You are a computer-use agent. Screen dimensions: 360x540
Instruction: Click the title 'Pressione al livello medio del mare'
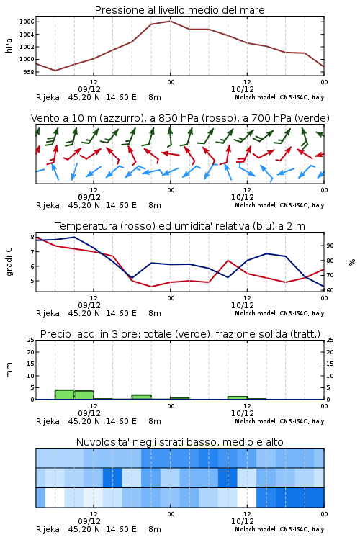point(179,10)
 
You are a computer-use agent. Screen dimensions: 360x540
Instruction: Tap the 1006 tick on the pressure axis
point(27,22)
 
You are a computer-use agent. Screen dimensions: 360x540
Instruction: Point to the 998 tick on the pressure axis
point(29,72)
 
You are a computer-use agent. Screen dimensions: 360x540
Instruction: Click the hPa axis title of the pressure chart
point(9,45)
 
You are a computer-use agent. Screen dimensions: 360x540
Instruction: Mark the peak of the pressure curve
point(170,21)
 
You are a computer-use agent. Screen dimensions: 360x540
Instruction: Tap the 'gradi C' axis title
point(9,261)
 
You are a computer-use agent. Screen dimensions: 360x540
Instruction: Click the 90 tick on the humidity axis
point(330,246)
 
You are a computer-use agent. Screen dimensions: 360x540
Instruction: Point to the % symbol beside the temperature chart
point(352,262)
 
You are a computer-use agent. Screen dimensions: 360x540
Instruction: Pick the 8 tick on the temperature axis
point(32,238)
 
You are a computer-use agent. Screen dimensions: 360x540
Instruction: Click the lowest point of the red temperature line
point(151,286)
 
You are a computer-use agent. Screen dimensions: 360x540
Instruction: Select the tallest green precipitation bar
point(65,395)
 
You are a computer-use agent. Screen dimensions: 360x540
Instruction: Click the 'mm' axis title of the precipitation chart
point(9,370)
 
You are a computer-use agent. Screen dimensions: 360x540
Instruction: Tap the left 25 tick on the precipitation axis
point(31,340)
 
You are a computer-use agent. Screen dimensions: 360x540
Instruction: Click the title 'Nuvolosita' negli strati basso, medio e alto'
point(179,442)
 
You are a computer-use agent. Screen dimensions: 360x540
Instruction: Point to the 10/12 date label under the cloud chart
point(243,521)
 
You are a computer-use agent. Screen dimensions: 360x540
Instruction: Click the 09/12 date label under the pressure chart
point(89,89)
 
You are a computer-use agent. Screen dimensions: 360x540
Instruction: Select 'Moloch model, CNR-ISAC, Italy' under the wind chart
point(279,205)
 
